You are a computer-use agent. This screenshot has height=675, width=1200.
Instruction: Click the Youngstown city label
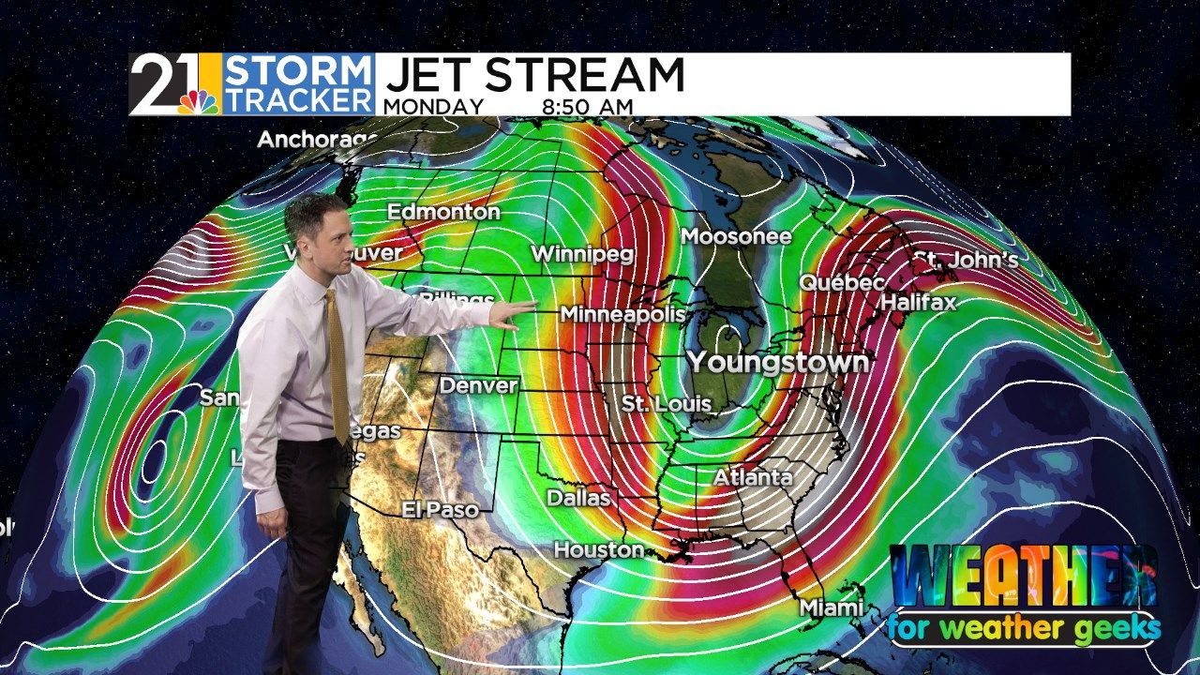coord(777,362)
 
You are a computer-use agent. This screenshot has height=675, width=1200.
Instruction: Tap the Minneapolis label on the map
coord(622,315)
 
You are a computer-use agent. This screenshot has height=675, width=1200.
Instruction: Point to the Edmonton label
coord(443,212)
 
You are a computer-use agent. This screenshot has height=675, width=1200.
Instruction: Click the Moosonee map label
coord(736,236)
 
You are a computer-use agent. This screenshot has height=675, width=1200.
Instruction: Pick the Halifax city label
coord(918,302)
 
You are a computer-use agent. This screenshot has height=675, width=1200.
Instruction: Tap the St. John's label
coord(966,260)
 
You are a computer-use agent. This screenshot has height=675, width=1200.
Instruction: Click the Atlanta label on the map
coord(753,477)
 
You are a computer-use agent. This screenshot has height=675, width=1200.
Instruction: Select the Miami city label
coord(831,607)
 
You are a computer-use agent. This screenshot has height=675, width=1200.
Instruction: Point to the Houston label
coord(599,549)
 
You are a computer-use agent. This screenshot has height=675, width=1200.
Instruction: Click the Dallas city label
coord(578,498)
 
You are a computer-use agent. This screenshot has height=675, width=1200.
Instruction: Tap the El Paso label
coord(440,510)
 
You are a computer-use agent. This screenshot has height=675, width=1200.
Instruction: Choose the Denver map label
coord(478,385)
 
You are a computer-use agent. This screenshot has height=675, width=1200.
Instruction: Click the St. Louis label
coord(667,405)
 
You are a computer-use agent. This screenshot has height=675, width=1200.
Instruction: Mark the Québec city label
coord(842,282)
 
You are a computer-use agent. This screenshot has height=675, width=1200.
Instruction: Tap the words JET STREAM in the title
coord(534,75)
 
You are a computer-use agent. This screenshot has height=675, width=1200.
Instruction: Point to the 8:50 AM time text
coord(587,107)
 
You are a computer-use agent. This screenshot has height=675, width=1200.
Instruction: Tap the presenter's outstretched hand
coord(507,315)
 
